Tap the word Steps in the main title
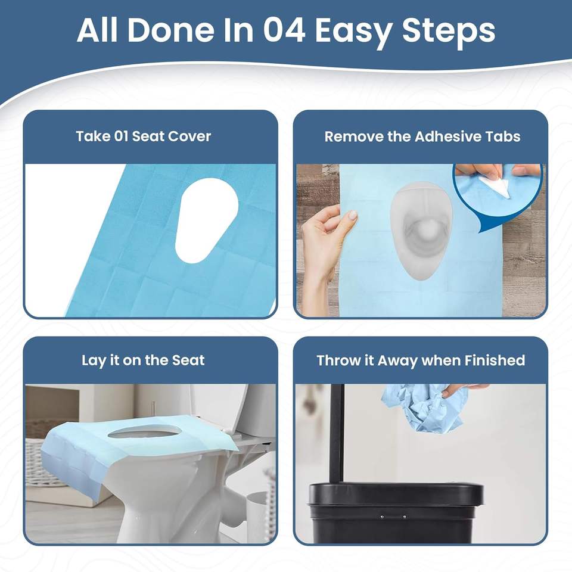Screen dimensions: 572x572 tap(449, 32)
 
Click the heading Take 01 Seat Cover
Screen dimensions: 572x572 tap(144, 136)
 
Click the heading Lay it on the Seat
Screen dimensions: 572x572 tap(143, 360)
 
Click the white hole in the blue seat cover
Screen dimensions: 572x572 tap(206, 220)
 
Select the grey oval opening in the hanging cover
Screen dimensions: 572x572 tap(421, 231)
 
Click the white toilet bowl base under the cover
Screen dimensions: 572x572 tap(172, 503)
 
